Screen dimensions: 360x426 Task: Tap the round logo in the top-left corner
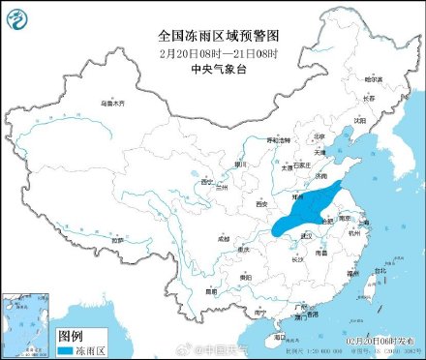(15, 15)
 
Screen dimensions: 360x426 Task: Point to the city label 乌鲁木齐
(115, 102)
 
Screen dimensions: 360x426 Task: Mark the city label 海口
(280, 337)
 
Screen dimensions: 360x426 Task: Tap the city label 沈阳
(359, 121)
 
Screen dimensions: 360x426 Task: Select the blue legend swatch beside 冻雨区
(68, 344)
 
